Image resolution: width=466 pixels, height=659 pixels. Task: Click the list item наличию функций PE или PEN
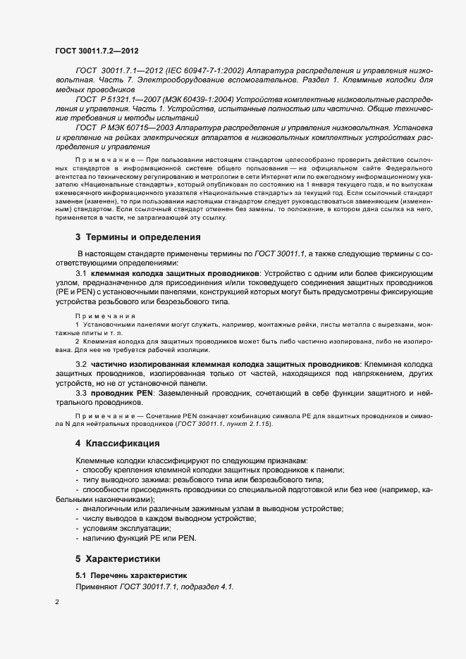click(x=140, y=538)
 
